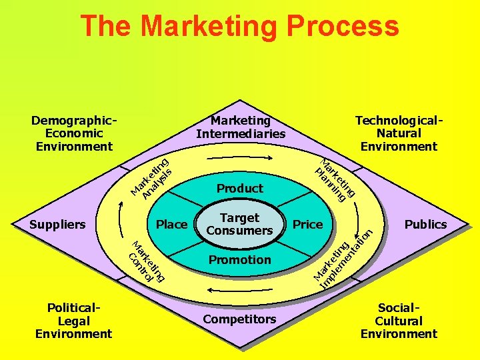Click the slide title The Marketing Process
[239, 27]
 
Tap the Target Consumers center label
[239, 224]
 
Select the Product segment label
[239, 188]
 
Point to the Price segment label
[307, 224]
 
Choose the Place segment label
[171, 225]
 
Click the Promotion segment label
[239, 259]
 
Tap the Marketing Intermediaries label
[240, 127]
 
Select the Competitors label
[239, 319]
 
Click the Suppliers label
[58, 224]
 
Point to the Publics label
[425, 224]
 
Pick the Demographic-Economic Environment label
[74, 133]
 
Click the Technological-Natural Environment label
[399, 133]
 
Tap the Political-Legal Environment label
[74, 321]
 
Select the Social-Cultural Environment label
[399, 321]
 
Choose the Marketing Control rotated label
[146, 261]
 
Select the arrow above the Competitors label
[239, 291]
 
